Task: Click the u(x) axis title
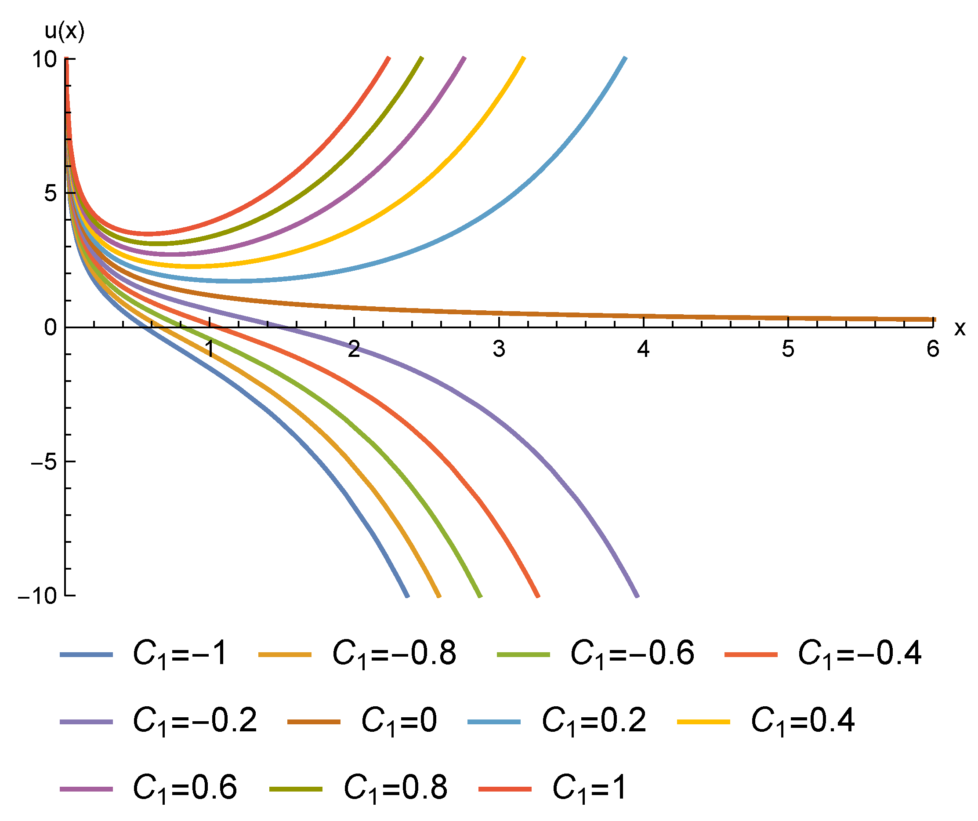[x=64, y=32]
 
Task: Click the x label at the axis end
[x=960, y=328]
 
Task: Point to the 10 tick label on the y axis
[x=44, y=60]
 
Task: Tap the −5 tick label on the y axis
[x=43, y=462]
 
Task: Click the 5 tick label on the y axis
[x=50, y=193]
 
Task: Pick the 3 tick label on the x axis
[x=499, y=349]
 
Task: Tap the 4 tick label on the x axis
[x=643, y=349]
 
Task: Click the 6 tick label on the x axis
[x=932, y=349]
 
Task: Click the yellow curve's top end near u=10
[x=523, y=59]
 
